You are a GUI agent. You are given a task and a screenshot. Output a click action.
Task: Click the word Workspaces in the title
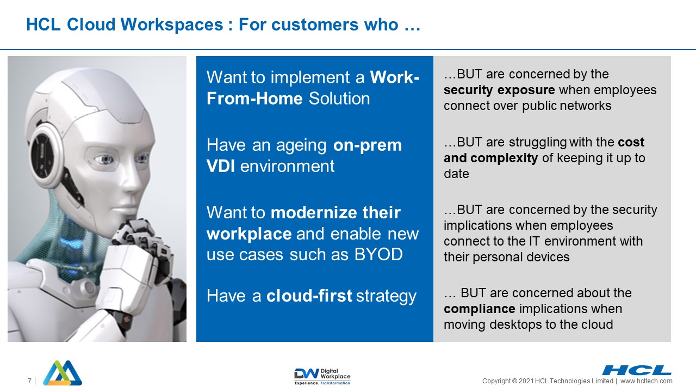[172, 24]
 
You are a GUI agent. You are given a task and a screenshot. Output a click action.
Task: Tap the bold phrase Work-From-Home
[313, 88]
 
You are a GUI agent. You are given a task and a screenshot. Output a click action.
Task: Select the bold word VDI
[221, 166]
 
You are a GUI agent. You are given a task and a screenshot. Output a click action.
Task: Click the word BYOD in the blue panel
[378, 254]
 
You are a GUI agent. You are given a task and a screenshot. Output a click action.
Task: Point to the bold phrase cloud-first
[309, 296]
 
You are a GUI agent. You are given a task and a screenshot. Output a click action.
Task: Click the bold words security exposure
[499, 90]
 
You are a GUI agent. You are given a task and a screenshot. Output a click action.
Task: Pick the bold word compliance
[480, 309]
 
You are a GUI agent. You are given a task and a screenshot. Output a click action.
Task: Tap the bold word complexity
[504, 158]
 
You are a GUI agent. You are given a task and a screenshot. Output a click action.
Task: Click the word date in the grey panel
[456, 174]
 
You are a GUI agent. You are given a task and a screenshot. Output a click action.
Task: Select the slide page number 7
[29, 381]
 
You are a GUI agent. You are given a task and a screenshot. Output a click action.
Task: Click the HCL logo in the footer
[637, 370]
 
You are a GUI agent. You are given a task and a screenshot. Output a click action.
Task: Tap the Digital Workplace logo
[322, 376]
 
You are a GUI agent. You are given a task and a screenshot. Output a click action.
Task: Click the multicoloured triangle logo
[63, 373]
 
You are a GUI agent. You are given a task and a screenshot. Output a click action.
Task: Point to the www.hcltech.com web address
[647, 381]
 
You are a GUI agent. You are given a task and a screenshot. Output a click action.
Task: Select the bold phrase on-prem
[368, 145]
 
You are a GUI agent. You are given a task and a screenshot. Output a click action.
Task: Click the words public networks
[567, 106]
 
